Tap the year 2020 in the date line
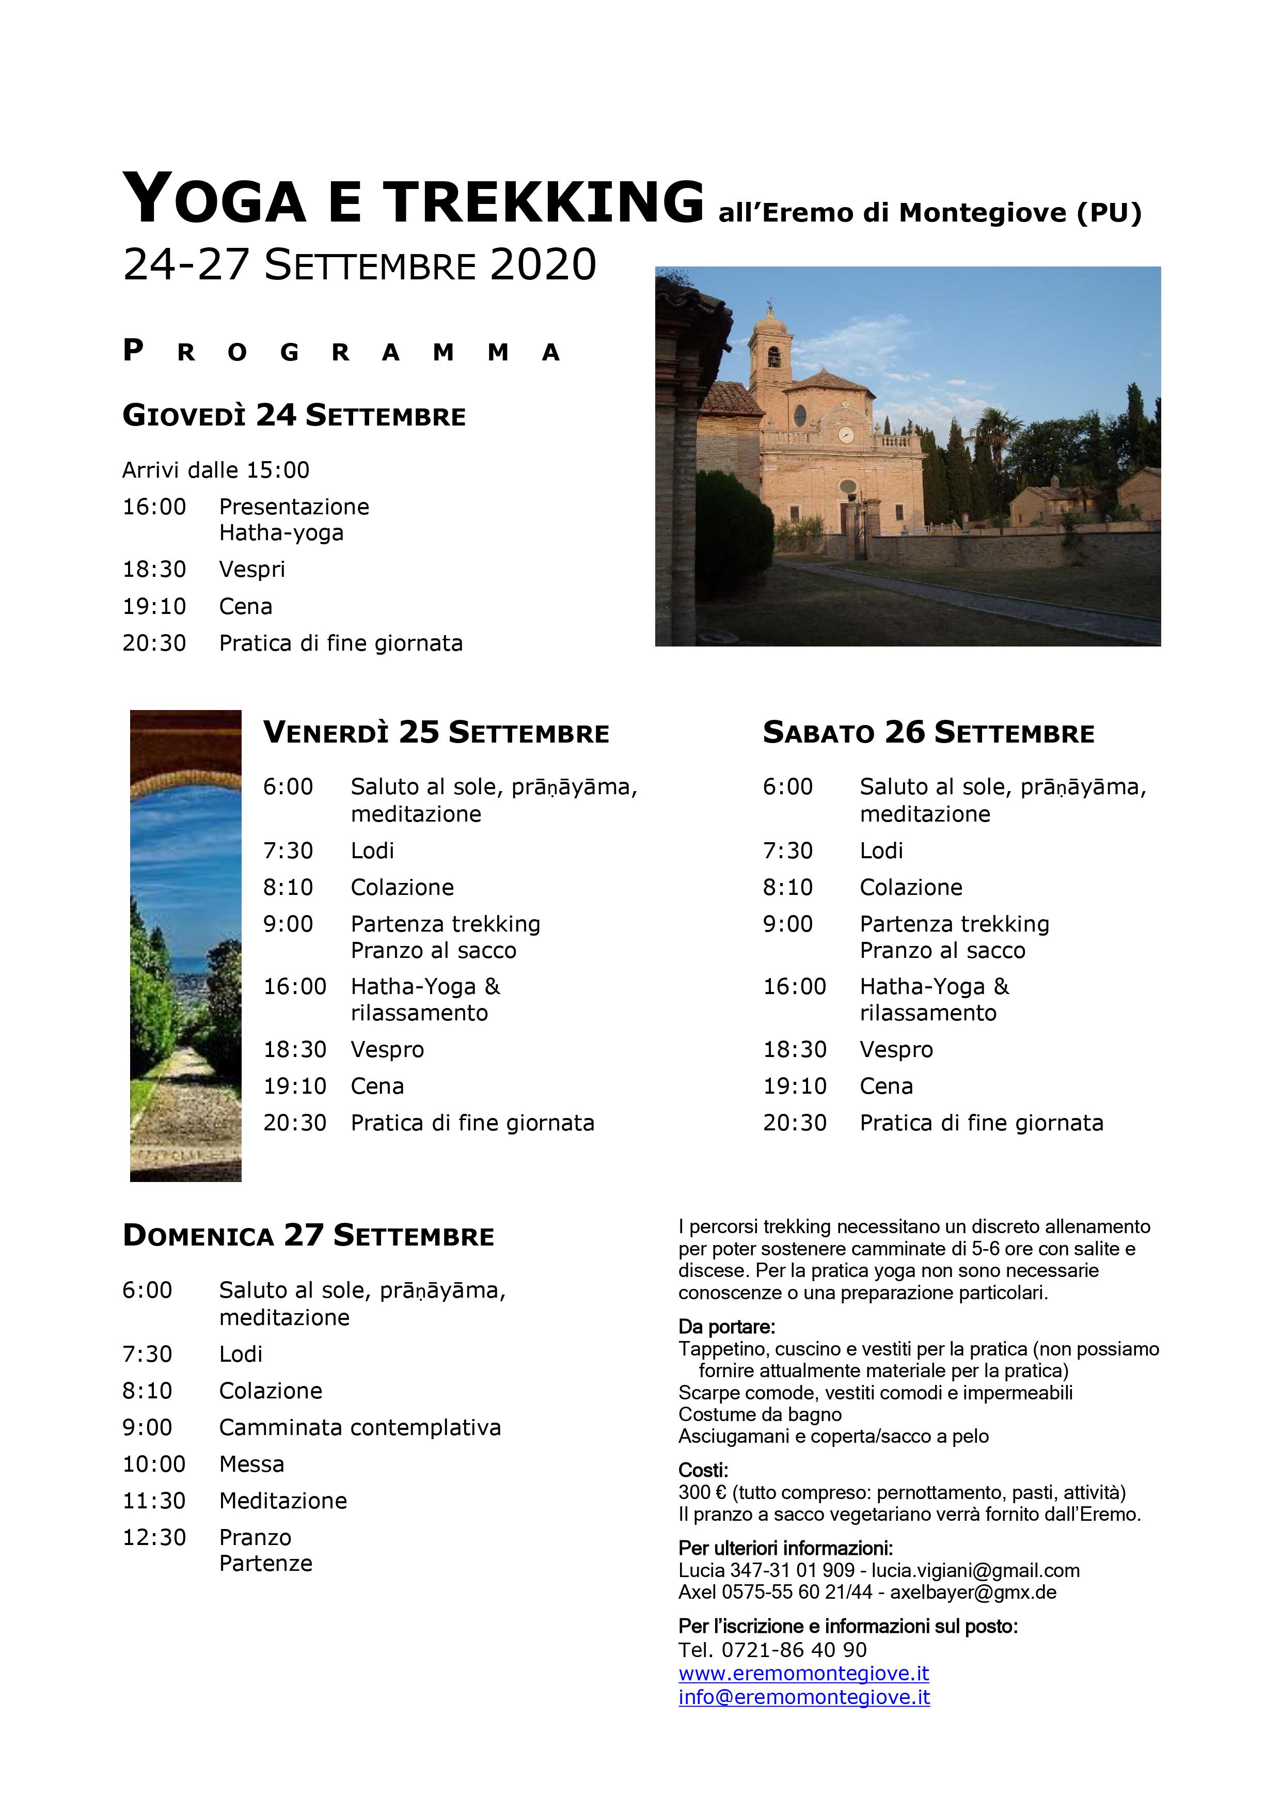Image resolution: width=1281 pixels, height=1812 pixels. tap(543, 265)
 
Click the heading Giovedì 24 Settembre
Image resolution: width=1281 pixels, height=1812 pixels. tap(294, 415)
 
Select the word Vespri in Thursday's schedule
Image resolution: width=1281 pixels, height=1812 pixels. tap(252, 569)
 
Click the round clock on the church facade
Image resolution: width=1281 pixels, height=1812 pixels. tap(846, 434)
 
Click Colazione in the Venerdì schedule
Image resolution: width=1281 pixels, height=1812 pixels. tap(402, 887)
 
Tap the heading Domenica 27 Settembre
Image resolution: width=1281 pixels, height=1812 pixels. tap(308, 1235)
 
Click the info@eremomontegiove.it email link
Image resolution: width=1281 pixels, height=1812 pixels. tap(803, 1697)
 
